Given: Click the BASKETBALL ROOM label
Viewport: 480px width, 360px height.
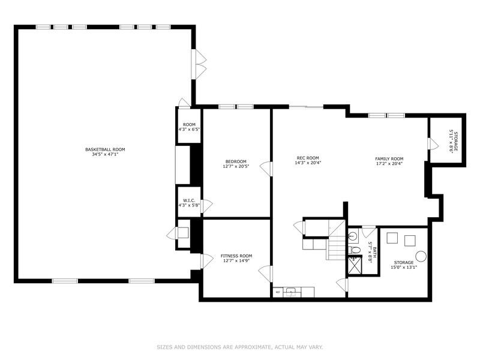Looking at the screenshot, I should pos(105,149).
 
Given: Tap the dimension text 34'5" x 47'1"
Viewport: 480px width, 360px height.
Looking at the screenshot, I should pos(105,154).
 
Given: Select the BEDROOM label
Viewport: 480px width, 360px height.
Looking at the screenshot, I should pos(236,161).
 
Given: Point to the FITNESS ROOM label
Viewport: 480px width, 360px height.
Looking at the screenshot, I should pos(236,256).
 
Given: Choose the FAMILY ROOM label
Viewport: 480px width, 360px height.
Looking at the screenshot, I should pos(389,158).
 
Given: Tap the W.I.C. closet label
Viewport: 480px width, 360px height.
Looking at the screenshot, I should pos(188,200).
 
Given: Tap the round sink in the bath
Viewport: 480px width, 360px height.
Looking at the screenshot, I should pos(353,236).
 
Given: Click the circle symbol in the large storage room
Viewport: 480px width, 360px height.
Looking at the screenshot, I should pos(421,256).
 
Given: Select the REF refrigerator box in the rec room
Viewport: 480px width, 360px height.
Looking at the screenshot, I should pos(278,292).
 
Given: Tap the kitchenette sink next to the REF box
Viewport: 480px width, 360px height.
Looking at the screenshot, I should pos(292,292).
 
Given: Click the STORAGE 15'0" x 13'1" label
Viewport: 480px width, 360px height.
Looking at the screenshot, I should pos(403,265).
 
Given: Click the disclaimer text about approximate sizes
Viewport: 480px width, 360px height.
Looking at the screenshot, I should pos(239,347).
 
